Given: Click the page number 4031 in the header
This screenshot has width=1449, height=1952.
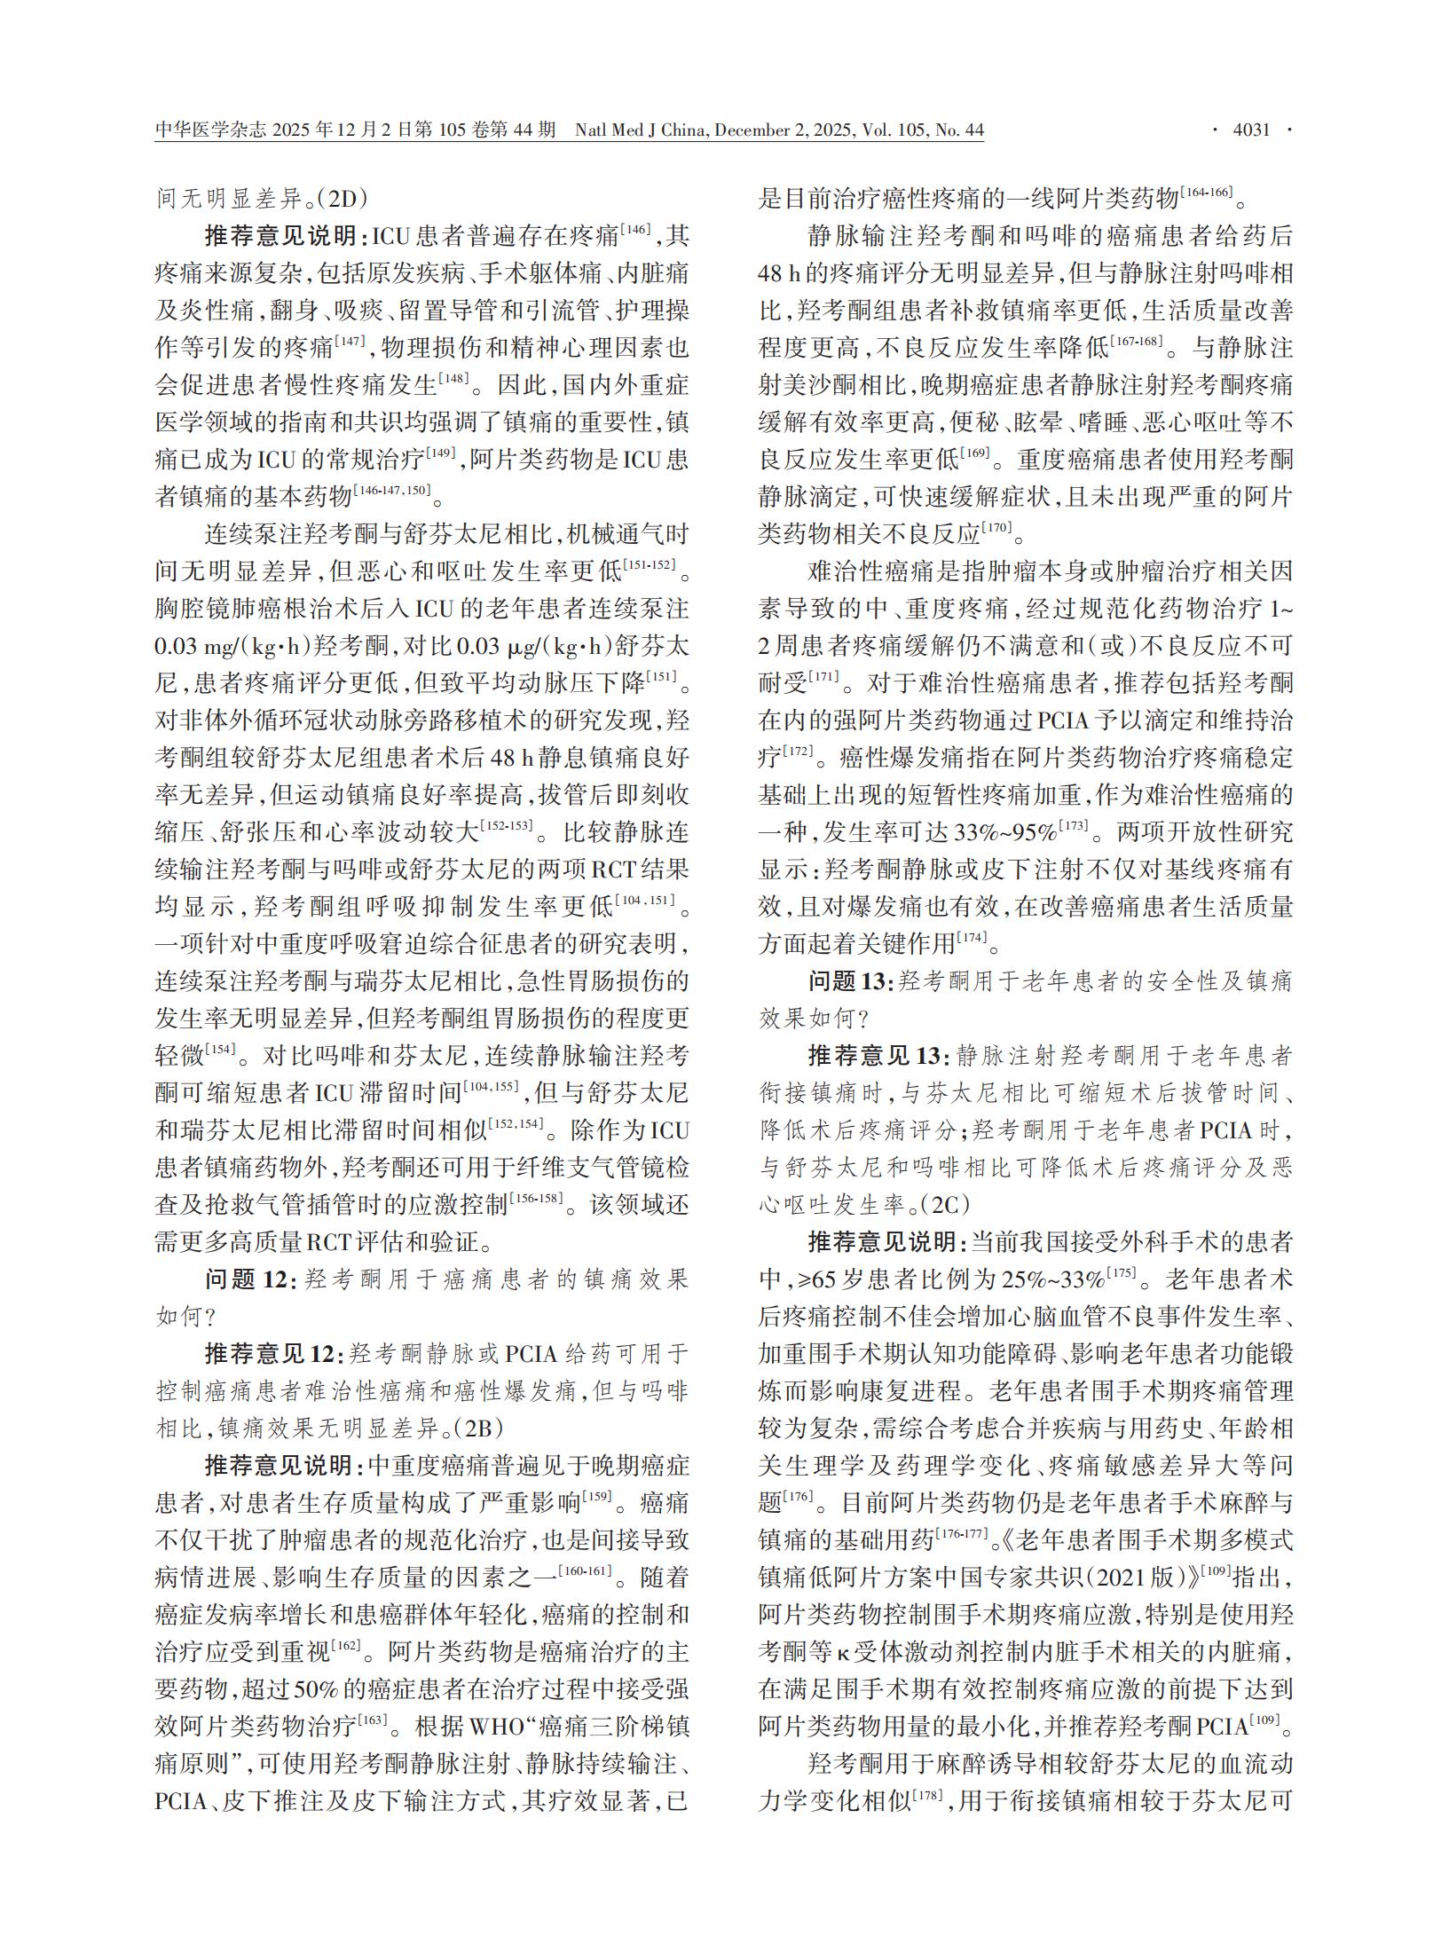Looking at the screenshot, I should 1252,130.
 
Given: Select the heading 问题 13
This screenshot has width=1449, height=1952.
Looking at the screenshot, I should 847,981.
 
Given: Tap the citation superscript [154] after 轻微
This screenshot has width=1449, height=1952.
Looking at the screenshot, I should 221,1050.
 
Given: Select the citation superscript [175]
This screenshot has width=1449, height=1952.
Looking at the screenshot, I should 1122,1273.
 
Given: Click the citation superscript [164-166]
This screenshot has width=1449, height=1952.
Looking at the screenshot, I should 1208,193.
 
